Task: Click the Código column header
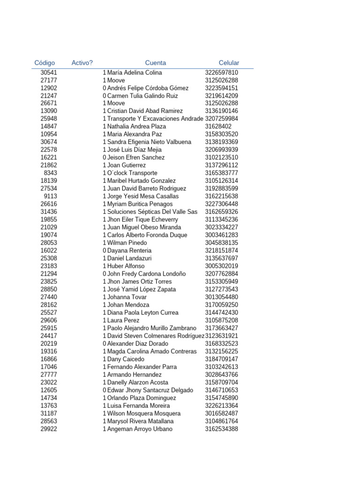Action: click(45, 63)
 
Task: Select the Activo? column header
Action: click(82, 63)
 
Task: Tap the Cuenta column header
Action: click(155, 63)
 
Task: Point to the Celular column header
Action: click(229, 63)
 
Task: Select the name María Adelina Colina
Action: click(135, 73)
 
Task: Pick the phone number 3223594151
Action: click(221, 88)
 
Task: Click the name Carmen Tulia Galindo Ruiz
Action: click(142, 96)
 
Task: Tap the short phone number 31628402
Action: click(218, 127)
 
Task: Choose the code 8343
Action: click(51, 173)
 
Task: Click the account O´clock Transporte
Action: click(132, 173)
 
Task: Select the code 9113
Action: click(51, 196)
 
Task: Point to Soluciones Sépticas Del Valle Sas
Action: click(152, 212)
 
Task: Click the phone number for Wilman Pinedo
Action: click(221, 243)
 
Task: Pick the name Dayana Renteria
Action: click(129, 251)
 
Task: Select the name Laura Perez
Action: click(123, 320)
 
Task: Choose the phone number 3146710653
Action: click(221, 390)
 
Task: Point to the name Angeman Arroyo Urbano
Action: click(140, 429)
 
